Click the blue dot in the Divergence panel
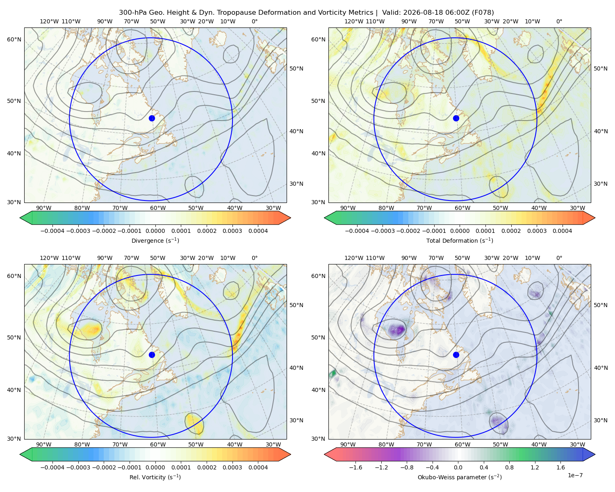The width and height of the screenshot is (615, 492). pyautogui.click(x=152, y=118)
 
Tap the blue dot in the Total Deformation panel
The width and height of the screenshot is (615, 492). pyautogui.click(x=456, y=118)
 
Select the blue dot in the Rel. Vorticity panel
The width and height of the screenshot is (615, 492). pyautogui.click(x=152, y=355)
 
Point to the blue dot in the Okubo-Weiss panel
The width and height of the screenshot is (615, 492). pyautogui.click(x=456, y=355)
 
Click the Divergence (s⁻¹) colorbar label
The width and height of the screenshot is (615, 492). pyautogui.click(x=155, y=240)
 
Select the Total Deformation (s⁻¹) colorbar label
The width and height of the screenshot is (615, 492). pyautogui.click(x=460, y=240)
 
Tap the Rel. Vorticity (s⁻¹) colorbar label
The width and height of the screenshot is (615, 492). pyautogui.click(x=155, y=477)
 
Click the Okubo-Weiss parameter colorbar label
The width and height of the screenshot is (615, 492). pyautogui.click(x=460, y=477)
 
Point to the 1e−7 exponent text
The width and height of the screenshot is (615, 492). pyautogui.click(x=575, y=475)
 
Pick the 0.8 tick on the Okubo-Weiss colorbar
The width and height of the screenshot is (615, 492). pyautogui.click(x=509, y=467)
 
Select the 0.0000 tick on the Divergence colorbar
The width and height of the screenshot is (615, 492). pyautogui.click(x=155, y=231)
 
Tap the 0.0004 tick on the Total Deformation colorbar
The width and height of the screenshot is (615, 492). pyautogui.click(x=562, y=231)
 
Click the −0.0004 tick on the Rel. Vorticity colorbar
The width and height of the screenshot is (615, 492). pyautogui.click(x=52, y=467)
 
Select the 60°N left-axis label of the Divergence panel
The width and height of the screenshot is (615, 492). pyautogui.click(x=14, y=39)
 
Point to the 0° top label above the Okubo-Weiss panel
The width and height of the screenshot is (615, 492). pyautogui.click(x=559, y=257)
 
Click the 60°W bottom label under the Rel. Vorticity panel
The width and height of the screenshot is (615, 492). pyautogui.click(x=158, y=444)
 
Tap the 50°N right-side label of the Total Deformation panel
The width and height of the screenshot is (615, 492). pyautogui.click(x=600, y=68)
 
